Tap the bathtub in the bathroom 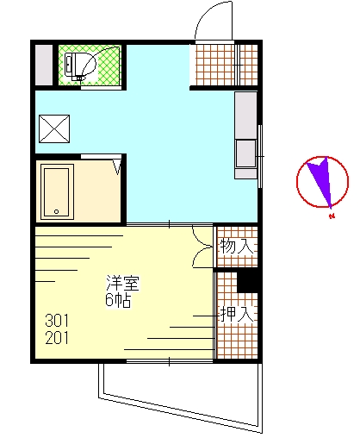click(57, 191)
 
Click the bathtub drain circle click(57, 212)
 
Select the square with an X click(54, 128)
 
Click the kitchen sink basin click(245, 153)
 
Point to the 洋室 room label click(123, 283)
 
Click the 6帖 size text click(118, 300)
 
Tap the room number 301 click(57, 321)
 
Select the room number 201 click(57, 338)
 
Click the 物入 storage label click(237, 247)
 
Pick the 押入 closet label click(237, 314)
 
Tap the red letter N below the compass click(332, 216)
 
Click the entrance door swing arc click(206, 14)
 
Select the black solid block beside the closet click(247, 282)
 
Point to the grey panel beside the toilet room click(44, 65)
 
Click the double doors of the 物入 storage click(202, 247)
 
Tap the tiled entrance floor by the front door click(227, 65)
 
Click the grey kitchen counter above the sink click(245, 116)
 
